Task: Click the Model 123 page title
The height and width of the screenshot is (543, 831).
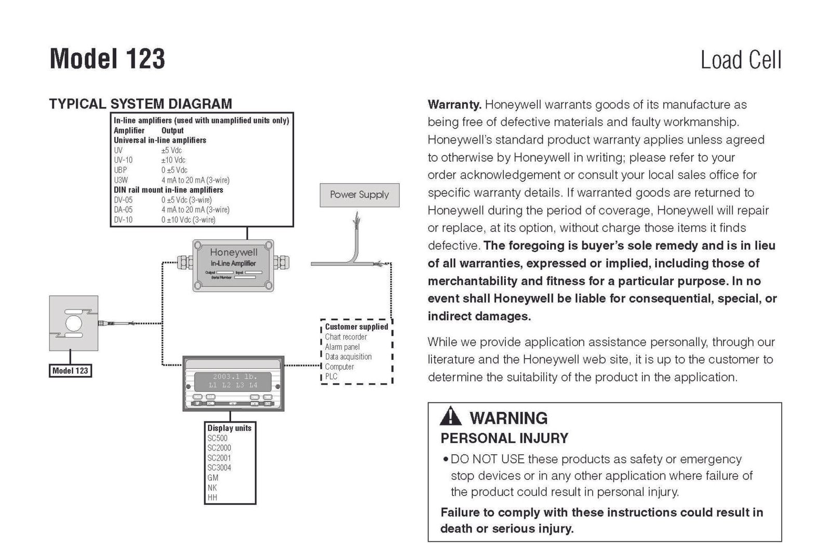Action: pyautogui.click(x=108, y=59)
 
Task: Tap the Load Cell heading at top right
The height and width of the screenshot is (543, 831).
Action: pyautogui.click(x=741, y=60)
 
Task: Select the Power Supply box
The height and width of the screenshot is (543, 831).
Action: pyautogui.click(x=359, y=195)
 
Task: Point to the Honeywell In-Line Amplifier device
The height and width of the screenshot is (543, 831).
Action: pyautogui.click(x=233, y=265)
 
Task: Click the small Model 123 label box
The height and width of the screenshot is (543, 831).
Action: pyautogui.click(x=70, y=371)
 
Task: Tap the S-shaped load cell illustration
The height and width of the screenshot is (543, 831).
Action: pyautogui.click(x=73, y=323)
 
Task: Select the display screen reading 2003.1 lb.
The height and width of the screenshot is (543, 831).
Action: pyautogui.click(x=233, y=381)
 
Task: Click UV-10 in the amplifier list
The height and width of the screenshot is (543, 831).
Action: pyautogui.click(x=123, y=160)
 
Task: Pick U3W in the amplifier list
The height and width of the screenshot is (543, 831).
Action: pyautogui.click(x=121, y=180)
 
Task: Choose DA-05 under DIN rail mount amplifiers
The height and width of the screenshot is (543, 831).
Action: pyautogui.click(x=123, y=210)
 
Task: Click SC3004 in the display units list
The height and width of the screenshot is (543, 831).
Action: pyautogui.click(x=219, y=468)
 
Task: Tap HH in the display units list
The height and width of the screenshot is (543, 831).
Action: pyautogui.click(x=212, y=497)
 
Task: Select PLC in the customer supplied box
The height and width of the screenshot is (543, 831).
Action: pyautogui.click(x=331, y=376)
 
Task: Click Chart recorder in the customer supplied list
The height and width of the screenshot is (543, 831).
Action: pyautogui.click(x=346, y=337)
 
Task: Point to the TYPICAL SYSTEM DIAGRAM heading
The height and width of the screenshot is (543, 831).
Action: pyautogui.click(x=140, y=104)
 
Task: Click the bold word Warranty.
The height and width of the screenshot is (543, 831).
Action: pyautogui.click(x=454, y=104)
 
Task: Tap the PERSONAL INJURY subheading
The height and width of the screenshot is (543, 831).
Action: pyautogui.click(x=504, y=438)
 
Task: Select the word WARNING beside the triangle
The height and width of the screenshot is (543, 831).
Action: pyautogui.click(x=508, y=418)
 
